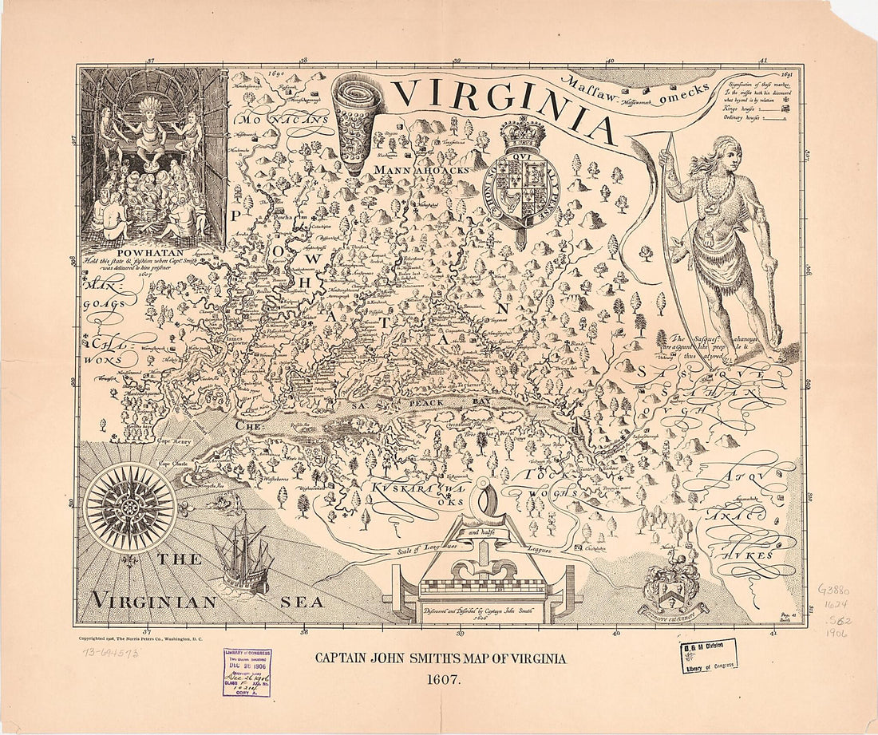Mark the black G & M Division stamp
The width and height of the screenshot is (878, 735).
[709, 657]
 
